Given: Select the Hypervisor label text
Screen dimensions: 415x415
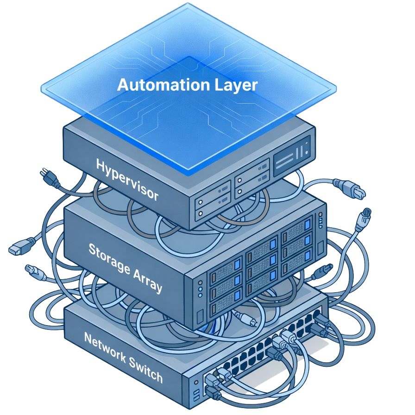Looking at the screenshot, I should point(127,179).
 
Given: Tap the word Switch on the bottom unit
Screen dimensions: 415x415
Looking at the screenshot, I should point(145,371).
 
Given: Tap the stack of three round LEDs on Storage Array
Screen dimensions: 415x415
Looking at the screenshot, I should point(200,288).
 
